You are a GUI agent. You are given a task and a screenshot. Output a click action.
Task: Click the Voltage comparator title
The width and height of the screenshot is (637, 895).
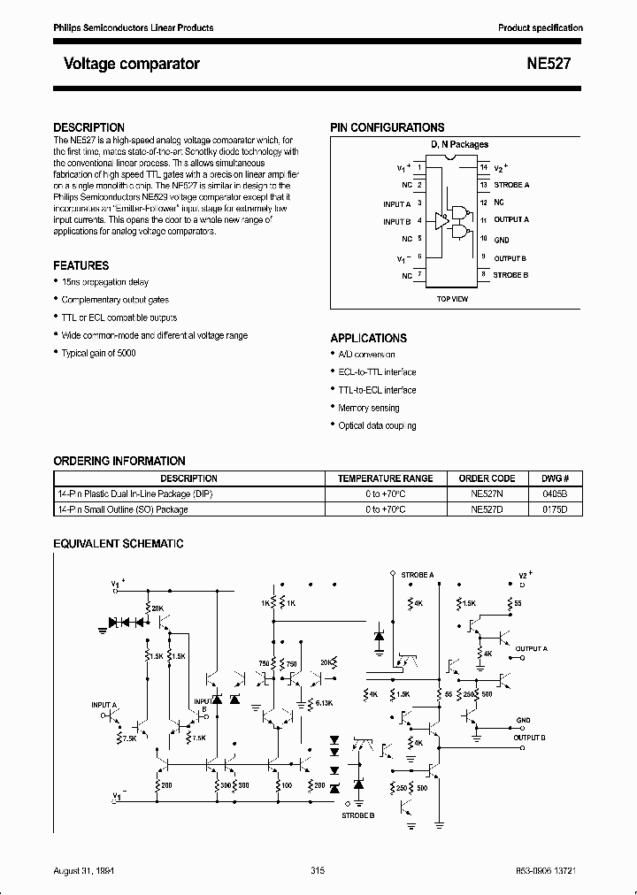[x=131, y=64]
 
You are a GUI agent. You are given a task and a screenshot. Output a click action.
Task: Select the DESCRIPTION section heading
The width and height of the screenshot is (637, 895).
[x=88, y=127]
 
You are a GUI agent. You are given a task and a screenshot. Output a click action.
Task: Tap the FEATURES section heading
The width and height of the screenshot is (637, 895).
[x=81, y=265]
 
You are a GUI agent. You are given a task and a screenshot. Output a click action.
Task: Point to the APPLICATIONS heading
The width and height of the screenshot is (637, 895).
[x=368, y=338]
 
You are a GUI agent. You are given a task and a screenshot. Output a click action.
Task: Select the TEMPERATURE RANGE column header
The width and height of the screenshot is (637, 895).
[x=385, y=478]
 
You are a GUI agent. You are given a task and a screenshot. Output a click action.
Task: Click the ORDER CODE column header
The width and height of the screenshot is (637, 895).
[x=487, y=478]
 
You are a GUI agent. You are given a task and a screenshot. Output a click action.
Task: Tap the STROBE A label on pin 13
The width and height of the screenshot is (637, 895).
[x=511, y=185]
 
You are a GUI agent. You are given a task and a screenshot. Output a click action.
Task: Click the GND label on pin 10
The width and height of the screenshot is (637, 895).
[x=501, y=239]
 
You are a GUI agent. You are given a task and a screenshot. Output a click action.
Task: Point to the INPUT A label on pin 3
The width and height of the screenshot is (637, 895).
[x=397, y=203]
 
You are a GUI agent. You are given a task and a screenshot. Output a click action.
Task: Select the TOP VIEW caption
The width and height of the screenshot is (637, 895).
[x=452, y=299]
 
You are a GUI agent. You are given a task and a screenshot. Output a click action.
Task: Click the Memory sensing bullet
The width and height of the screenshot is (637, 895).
[x=368, y=408]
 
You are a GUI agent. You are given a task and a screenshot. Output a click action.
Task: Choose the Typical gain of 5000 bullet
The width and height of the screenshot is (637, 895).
[x=98, y=353]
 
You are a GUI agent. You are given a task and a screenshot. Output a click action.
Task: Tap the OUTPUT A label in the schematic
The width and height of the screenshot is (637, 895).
[x=533, y=648]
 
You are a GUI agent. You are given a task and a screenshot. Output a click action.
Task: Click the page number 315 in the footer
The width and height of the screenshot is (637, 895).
[x=318, y=871]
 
